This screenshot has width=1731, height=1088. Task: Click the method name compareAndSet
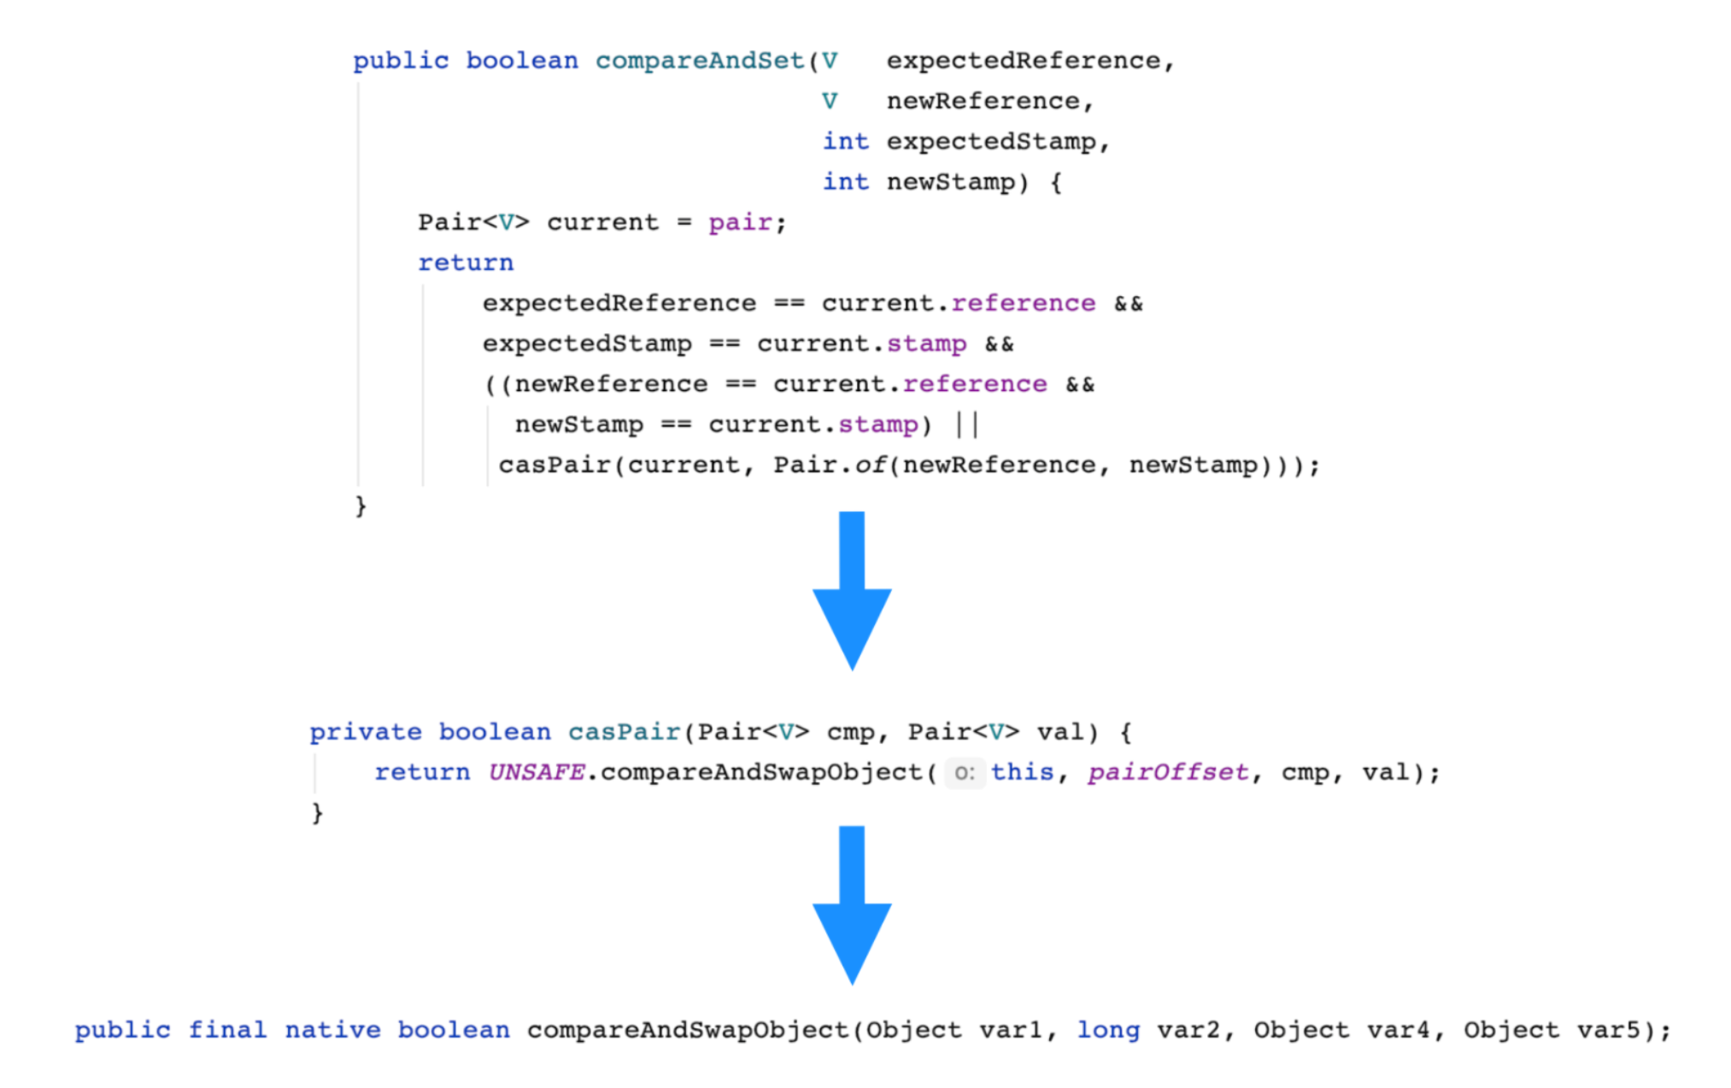coord(700,61)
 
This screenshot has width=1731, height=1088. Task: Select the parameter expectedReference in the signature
coord(1023,61)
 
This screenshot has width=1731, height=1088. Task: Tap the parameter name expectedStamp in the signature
coord(990,142)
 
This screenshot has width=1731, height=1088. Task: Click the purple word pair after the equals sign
coord(740,223)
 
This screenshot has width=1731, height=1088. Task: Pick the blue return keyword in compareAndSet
coord(466,263)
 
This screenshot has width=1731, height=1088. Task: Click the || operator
coord(966,424)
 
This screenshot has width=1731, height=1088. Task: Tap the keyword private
coord(366,732)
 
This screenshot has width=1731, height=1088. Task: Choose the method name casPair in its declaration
coord(624,732)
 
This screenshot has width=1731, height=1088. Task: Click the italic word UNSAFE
coord(536,773)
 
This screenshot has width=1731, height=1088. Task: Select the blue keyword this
coord(1022,773)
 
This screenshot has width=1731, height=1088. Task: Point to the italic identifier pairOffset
coord(1167,773)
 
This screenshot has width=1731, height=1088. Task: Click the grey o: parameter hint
coord(965,774)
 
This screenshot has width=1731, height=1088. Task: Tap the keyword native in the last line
coord(332,1030)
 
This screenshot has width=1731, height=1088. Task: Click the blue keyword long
coord(1107,1030)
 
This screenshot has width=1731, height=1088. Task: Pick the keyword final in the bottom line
coord(226,1030)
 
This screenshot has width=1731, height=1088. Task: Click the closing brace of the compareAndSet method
coord(361,506)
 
